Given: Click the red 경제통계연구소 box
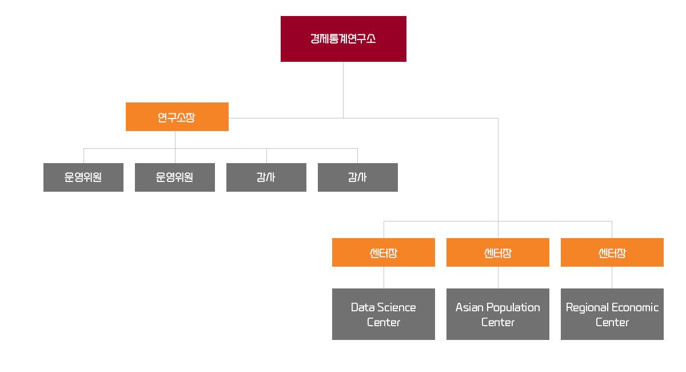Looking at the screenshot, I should coord(343,39).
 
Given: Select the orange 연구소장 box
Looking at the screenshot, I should coord(177,117).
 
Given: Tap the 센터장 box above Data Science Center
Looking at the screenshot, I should coord(383,252).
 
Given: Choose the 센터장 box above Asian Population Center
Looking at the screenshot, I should coord(497,252).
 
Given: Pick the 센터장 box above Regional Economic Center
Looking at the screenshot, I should coord(612,252).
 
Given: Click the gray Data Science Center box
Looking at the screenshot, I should coord(383,314).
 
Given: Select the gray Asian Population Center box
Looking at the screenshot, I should coord(497,314).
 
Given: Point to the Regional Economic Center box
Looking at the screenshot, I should coord(612,314).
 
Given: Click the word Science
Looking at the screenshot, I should coord(397,307).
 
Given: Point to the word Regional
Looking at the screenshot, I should coord(587,307).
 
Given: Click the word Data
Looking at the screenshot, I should coord(362,307).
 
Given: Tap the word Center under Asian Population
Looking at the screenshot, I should coord(497,322).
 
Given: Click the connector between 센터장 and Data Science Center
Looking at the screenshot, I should coord(384,278).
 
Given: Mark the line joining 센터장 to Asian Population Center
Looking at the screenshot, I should coord(498,278).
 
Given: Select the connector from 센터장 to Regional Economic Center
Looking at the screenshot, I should coord(612,278).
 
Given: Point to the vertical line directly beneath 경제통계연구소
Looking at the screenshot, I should coord(343,89).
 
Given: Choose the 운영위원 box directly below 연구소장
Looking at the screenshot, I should coord(175,177).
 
